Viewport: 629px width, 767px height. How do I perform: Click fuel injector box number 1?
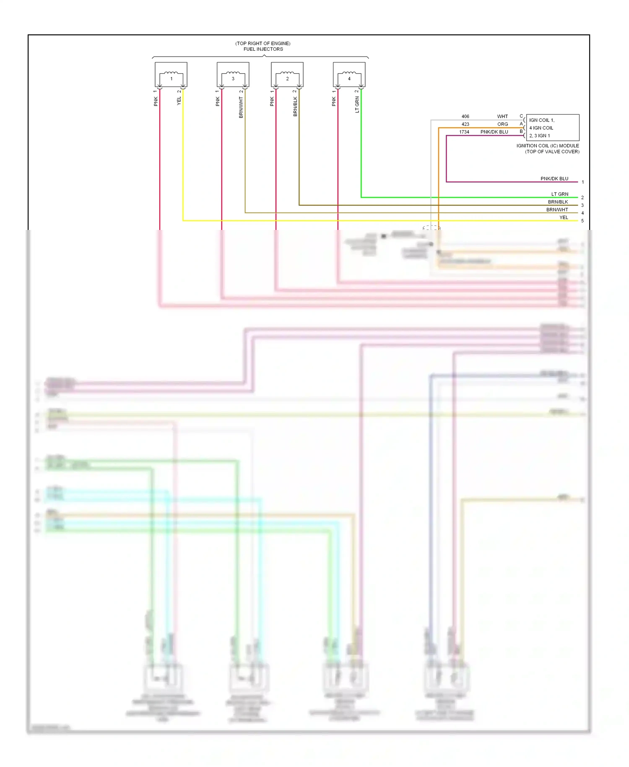[x=171, y=75]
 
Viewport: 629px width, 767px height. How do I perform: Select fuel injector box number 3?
[x=233, y=75]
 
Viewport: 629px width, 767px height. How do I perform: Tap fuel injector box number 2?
[x=287, y=75]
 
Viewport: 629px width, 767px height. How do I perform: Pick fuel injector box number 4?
[x=349, y=75]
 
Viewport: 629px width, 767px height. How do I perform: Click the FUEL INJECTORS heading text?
[x=263, y=49]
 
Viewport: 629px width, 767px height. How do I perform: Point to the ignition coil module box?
[x=553, y=128]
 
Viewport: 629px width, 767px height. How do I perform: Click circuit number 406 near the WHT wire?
[x=465, y=116]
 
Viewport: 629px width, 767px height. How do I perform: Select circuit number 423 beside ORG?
[x=465, y=124]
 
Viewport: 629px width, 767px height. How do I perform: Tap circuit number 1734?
[x=464, y=132]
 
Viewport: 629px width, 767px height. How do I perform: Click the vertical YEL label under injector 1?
[x=179, y=101]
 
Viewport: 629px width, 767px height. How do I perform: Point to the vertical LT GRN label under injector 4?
[x=357, y=104]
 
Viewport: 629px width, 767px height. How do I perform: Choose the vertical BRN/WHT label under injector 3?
[x=241, y=107]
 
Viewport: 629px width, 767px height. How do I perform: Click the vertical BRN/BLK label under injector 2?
[x=295, y=107]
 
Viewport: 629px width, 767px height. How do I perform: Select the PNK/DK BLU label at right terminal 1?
[x=554, y=179]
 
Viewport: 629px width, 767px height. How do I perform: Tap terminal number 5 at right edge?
[x=582, y=221]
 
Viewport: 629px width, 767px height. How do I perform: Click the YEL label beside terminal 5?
[x=564, y=217]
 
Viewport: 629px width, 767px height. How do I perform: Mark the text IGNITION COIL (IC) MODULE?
[x=547, y=146]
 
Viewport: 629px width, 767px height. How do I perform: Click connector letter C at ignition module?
[x=521, y=116]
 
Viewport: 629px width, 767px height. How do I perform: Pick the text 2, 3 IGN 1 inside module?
[x=539, y=136]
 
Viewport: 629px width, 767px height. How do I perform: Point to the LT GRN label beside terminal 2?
[x=559, y=194]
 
